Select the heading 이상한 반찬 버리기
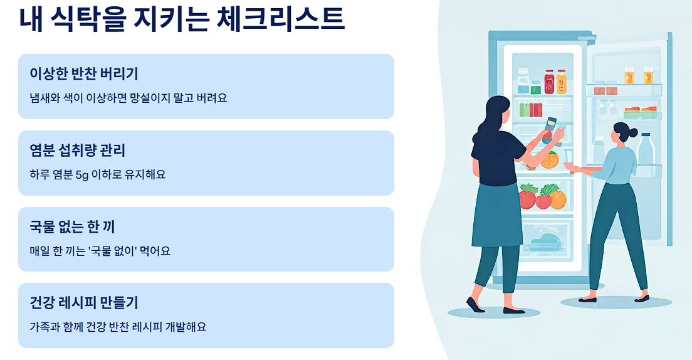click(x=83, y=74)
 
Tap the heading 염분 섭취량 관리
click(x=78, y=151)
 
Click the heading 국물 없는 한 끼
click(x=72, y=226)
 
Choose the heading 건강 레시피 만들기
click(x=83, y=303)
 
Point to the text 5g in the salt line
click(x=82, y=175)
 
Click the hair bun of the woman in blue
click(x=633, y=132)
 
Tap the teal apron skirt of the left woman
click(x=498, y=216)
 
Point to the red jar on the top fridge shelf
click(x=549, y=81)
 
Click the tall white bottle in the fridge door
click(x=646, y=149)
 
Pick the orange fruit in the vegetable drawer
click(x=558, y=199)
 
